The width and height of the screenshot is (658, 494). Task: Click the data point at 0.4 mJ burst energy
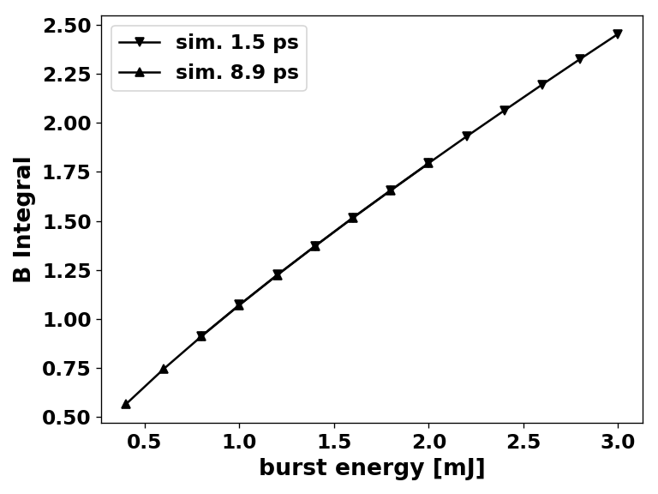pyautogui.click(x=126, y=404)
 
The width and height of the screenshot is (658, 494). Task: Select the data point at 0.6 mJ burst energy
pyautogui.click(x=164, y=369)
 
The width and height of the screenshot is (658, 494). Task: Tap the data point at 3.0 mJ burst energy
pyautogui.click(x=618, y=34)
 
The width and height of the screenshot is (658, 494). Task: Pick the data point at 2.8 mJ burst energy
pyautogui.click(x=580, y=59)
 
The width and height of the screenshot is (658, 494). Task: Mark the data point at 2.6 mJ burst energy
pyautogui.click(x=542, y=85)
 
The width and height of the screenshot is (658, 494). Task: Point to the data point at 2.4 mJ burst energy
pyautogui.click(x=505, y=111)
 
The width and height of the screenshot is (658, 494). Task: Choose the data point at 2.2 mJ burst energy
pyautogui.click(x=467, y=136)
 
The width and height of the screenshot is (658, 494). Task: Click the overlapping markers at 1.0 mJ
pyautogui.click(x=239, y=304)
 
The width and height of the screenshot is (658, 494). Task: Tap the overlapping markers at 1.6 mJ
pyautogui.click(x=353, y=218)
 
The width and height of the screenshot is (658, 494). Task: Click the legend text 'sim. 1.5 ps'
pyautogui.click(x=236, y=42)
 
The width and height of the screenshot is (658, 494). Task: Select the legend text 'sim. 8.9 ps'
pyautogui.click(x=236, y=73)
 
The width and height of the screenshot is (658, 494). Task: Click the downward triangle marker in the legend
pyautogui.click(x=139, y=42)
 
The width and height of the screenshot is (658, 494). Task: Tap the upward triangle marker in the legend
pyautogui.click(x=139, y=73)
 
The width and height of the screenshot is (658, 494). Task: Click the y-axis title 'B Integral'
pyautogui.click(x=23, y=220)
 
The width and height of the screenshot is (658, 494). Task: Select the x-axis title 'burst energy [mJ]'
pyautogui.click(x=372, y=468)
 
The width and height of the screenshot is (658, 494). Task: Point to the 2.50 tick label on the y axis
pyautogui.click(x=66, y=26)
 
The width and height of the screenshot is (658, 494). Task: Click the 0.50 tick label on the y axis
pyautogui.click(x=66, y=418)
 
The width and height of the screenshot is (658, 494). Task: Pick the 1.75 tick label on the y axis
pyautogui.click(x=66, y=172)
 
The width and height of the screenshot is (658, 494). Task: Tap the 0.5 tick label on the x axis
pyautogui.click(x=145, y=443)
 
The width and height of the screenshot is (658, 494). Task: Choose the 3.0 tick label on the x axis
pyautogui.click(x=618, y=443)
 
